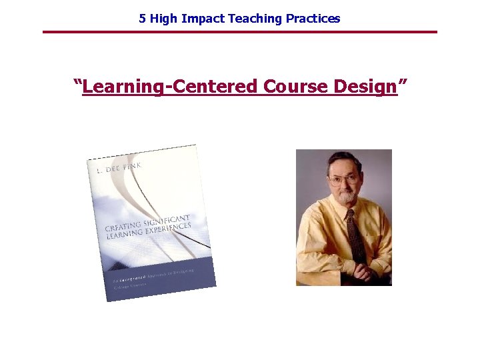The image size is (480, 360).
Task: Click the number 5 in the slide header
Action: (142, 19)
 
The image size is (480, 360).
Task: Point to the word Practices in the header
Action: (313, 19)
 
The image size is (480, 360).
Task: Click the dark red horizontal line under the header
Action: (240, 31)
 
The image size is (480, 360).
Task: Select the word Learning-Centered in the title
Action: (171, 87)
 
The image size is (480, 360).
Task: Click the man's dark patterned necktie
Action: (354, 237)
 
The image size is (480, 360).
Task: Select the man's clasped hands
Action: (363, 273)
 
